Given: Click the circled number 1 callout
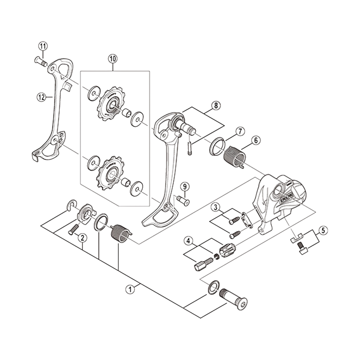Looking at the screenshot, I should tap(130, 289).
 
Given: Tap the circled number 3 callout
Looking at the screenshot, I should tap(216, 207).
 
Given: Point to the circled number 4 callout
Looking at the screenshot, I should tap(188, 241).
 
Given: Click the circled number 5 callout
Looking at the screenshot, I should tap(322, 231).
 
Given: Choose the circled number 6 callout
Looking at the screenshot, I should tap(256, 140).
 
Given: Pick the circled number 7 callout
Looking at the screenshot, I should tap(240, 131).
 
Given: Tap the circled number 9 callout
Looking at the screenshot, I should tap(184, 187).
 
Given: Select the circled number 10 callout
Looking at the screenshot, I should tap(112, 58).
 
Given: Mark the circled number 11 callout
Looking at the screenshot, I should tap(43, 46).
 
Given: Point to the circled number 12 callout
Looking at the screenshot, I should tap(42, 96).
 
